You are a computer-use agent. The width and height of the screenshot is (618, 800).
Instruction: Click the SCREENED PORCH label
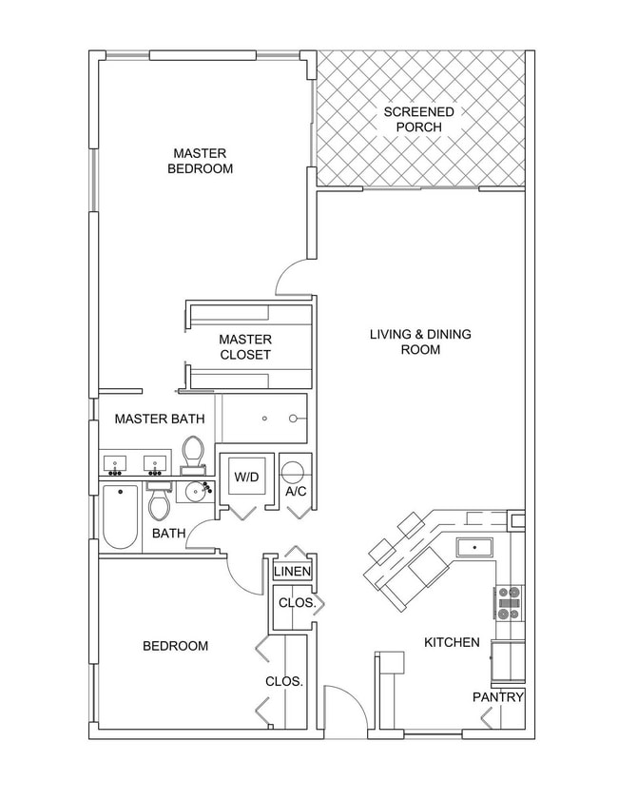point(418,119)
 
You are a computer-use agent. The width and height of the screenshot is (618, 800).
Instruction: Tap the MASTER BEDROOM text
point(200,161)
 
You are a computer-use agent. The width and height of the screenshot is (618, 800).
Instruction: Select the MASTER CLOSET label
point(244,347)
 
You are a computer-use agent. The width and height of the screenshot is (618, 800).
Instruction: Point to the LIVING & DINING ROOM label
point(419,341)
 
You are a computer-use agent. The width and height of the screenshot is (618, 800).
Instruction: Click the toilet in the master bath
point(193,454)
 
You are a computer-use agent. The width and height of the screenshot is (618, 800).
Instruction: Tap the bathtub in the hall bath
point(121,517)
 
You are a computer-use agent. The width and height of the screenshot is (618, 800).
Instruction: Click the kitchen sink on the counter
point(473,547)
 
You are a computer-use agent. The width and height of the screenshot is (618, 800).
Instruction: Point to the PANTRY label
point(498,697)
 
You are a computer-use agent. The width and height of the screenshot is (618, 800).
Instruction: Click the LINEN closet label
point(291,572)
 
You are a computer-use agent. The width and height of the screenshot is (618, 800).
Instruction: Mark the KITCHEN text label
point(452,643)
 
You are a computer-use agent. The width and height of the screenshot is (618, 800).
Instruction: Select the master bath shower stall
point(263,419)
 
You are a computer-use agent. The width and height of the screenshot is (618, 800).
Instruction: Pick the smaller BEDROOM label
point(175,647)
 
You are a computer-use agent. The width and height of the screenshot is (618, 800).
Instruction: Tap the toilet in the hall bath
point(159,501)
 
